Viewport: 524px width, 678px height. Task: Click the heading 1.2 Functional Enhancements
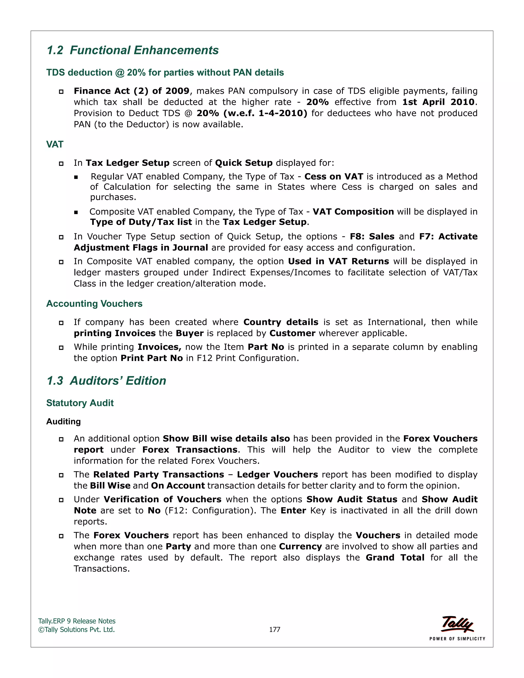(133, 50)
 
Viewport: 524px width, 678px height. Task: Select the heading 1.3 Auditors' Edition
(106, 381)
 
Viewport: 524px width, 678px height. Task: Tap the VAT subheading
(55, 144)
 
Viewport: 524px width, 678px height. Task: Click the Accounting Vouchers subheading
(94, 304)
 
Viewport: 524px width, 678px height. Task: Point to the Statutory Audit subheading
(80, 403)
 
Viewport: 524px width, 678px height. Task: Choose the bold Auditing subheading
(63, 422)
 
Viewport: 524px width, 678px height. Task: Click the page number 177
(275, 630)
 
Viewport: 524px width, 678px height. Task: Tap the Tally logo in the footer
(457, 624)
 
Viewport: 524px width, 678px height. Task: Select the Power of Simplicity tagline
(457, 639)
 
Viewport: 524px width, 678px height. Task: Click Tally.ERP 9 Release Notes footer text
(77, 621)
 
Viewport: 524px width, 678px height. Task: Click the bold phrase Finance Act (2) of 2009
(131, 91)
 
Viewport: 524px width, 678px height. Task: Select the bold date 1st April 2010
(438, 102)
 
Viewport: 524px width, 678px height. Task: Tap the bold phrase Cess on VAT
(334, 177)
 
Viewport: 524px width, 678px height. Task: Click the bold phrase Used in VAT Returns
(338, 261)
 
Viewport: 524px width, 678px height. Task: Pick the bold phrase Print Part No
(151, 358)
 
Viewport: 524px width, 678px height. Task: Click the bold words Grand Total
(395, 557)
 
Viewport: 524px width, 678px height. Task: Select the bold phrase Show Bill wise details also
(226, 439)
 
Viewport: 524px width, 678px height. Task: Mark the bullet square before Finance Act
(61, 92)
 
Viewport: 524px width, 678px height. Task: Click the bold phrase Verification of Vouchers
(162, 499)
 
